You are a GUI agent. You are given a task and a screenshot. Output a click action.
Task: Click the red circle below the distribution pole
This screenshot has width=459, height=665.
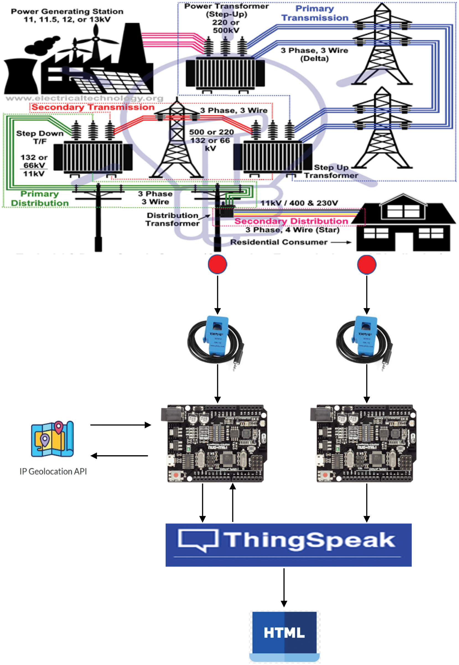217,264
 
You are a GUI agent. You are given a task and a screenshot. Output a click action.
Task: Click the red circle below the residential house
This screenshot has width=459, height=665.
367,264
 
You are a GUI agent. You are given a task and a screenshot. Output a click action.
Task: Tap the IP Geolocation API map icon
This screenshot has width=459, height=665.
52,439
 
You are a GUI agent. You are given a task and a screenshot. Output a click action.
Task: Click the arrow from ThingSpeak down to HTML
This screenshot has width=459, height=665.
284,587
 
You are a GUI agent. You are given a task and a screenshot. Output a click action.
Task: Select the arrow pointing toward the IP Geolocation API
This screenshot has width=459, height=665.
119,456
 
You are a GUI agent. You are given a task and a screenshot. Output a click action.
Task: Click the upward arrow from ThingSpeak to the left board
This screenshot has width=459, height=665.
233,503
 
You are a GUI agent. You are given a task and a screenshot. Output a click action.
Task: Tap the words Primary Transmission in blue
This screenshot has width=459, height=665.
315,13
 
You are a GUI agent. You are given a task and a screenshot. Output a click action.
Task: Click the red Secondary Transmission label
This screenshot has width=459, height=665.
93,107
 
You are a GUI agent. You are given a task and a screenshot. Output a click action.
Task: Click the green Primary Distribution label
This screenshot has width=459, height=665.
40,198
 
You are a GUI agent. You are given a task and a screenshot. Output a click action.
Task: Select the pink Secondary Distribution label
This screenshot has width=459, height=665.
291,221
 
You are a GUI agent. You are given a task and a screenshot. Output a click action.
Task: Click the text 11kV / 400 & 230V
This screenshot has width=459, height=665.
299,203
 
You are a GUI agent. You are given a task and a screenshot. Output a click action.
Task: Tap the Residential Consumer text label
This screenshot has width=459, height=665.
278,242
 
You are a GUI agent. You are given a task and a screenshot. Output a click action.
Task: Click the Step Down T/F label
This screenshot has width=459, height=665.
40,137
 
